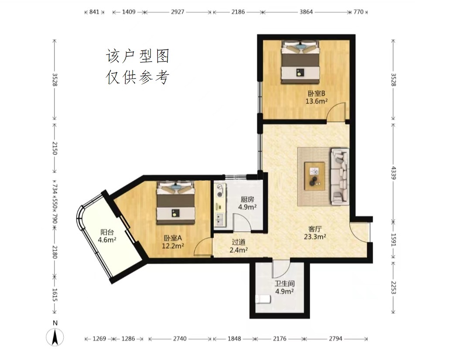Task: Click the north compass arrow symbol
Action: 55,337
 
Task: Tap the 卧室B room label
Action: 316,93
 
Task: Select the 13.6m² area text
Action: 316,101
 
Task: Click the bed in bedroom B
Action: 300,62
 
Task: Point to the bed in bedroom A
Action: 176,202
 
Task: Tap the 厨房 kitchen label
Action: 247,199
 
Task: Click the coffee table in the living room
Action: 314,176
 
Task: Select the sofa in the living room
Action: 340,176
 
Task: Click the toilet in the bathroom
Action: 263,299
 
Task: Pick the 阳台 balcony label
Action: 107,232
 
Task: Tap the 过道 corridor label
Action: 239,242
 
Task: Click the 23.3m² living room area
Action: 315,237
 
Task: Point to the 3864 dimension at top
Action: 306,12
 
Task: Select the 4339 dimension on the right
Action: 393,173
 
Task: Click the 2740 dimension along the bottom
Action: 180,339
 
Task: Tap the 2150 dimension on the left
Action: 55,148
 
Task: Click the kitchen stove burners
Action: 220,191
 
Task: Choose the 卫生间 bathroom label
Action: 284,283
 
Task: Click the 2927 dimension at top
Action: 177,12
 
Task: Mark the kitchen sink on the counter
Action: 220,219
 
